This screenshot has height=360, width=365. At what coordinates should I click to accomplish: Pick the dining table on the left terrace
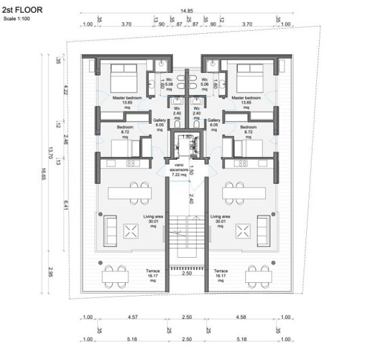pyautogui.click(x=116, y=275)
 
